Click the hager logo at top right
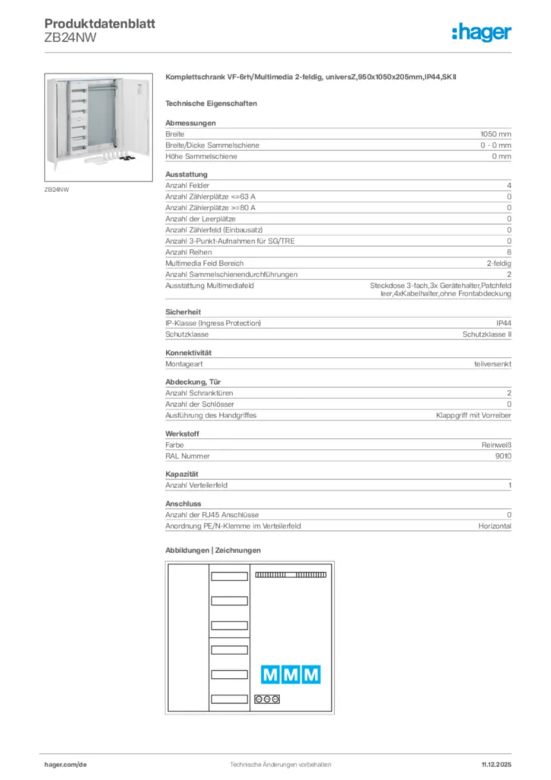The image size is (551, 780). point(481,32)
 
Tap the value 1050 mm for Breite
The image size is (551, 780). point(495,133)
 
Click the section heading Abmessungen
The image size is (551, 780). point(190,123)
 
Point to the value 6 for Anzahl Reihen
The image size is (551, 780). point(508,252)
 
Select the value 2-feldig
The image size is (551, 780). point(498,263)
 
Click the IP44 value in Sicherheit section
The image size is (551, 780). point(503,324)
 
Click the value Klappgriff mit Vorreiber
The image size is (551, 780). point(473,415)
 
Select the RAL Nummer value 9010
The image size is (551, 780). point(502,456)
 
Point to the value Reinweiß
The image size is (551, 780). point(496,445)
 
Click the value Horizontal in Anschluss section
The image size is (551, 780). point(495,526)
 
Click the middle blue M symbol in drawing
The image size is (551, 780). point(291,674)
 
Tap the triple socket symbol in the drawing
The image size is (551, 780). point(268,698)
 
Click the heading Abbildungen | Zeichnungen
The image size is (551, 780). point(213,550)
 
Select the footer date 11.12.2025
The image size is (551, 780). point(496,764)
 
